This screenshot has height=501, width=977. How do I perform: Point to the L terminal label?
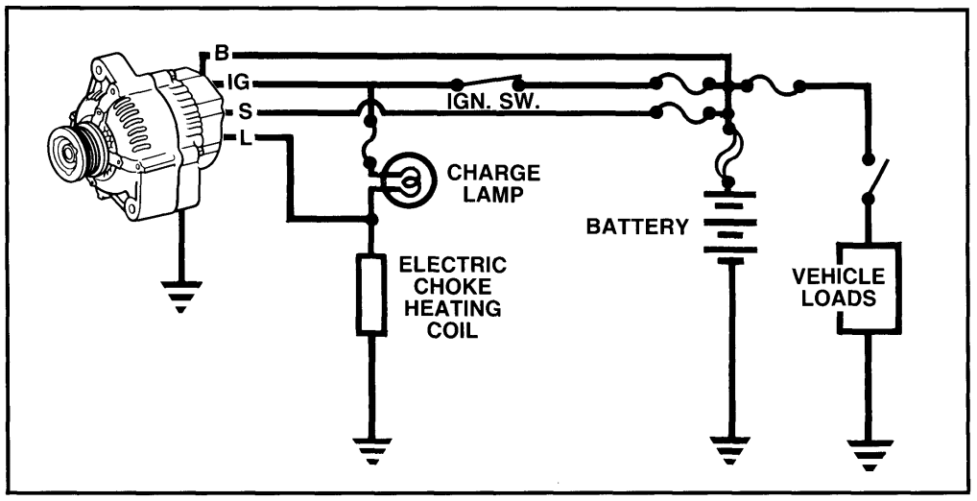click(246, 139)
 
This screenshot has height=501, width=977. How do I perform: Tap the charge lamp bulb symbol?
click(407, 179)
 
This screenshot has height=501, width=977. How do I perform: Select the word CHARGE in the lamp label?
click(494, 173)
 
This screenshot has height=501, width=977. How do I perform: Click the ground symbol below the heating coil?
click(372, 449)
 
